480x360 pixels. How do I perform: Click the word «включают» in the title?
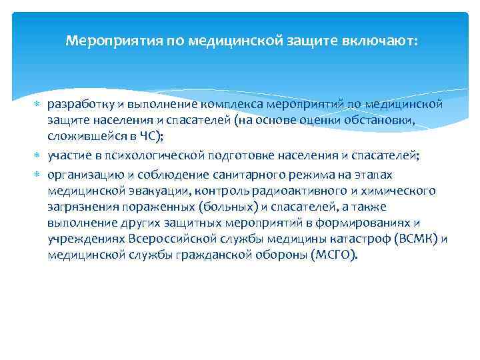382,41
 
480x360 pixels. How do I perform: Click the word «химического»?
400,190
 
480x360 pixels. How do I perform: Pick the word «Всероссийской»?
168,239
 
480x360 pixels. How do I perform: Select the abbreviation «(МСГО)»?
334,255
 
